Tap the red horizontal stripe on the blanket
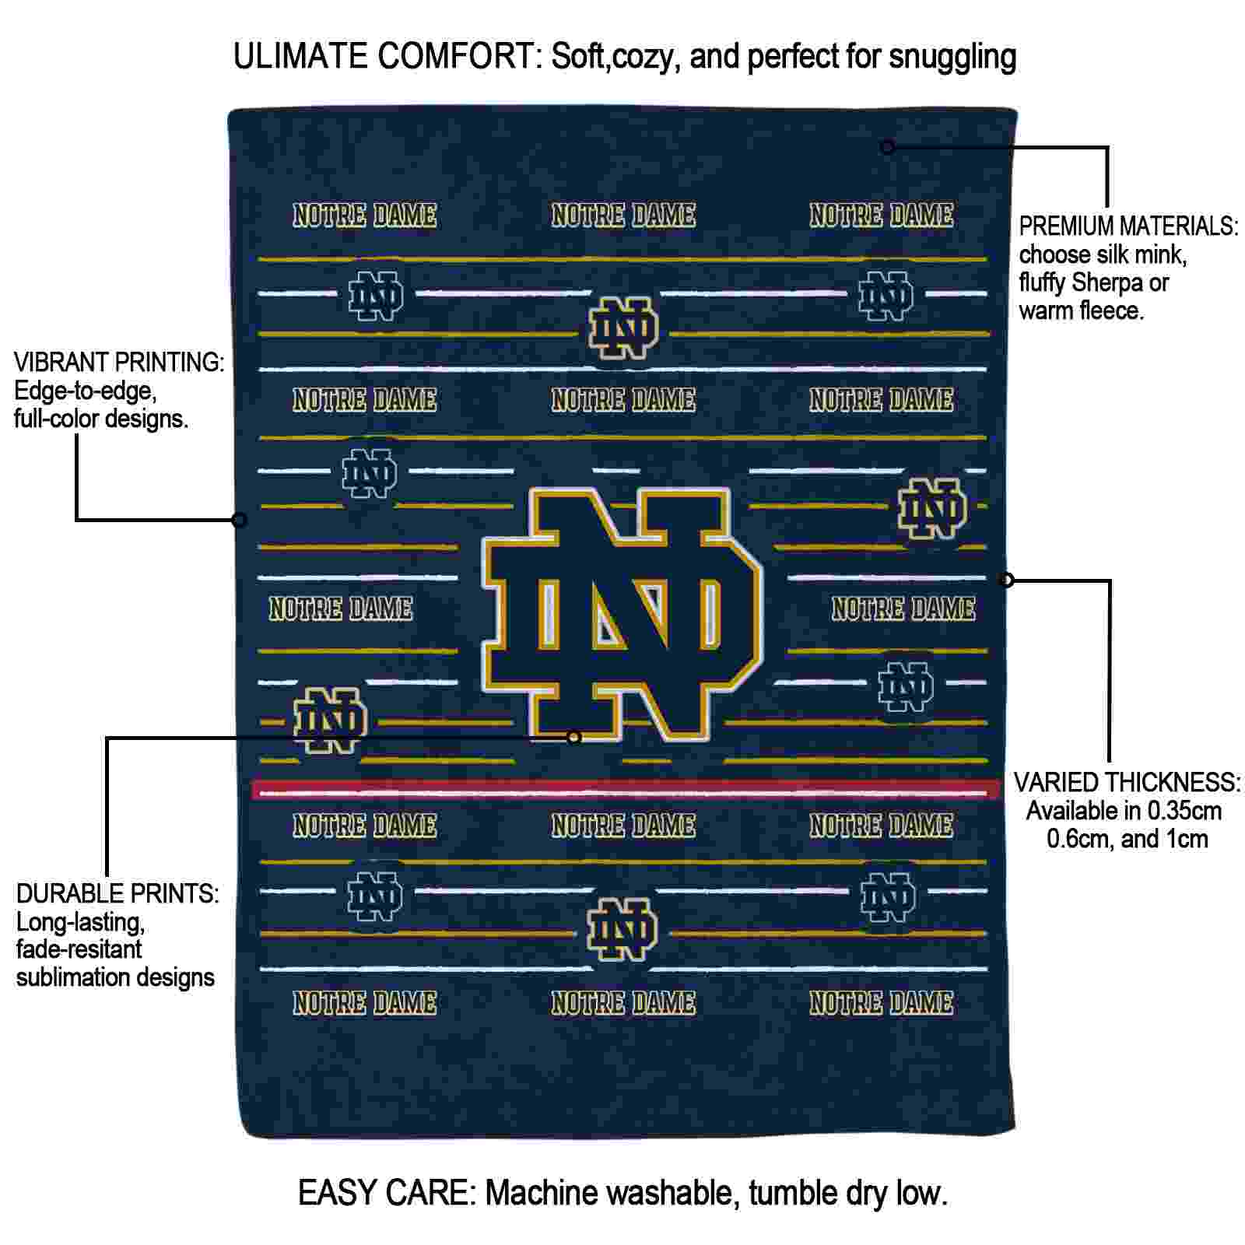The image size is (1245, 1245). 626,790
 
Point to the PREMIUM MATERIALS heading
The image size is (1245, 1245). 1128,226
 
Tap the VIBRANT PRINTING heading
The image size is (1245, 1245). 119,362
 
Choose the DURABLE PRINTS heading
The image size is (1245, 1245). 117,893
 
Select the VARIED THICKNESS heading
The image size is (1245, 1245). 1127,782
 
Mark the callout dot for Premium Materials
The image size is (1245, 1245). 887,146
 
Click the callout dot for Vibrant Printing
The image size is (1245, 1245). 240,519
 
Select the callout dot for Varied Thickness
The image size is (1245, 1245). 1007,580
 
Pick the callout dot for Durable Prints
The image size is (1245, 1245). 574,737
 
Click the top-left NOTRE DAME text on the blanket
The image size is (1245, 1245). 364,216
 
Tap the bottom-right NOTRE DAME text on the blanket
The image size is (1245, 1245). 881,1003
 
